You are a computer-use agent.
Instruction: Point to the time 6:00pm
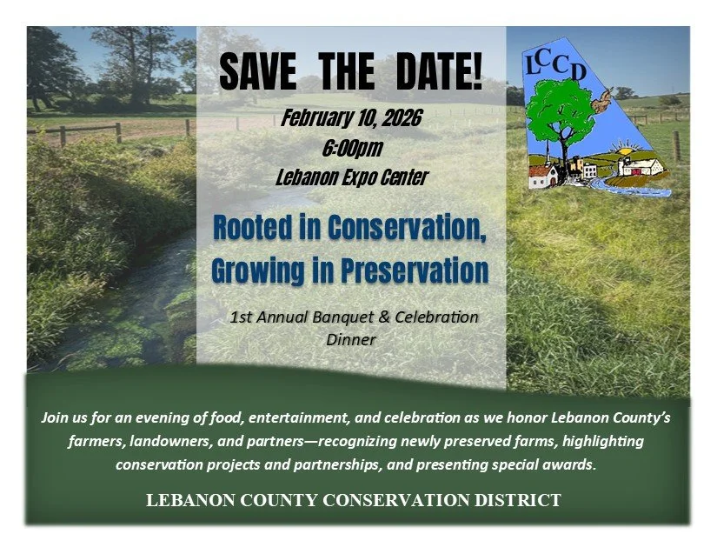click(x=352, y=149)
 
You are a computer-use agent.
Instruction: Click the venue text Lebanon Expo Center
click(x=351, y=178)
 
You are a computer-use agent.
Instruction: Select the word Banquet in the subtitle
click(x=342, y=317)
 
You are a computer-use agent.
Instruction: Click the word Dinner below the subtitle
click(x=351, y=339)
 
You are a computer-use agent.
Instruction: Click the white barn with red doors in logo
click(x=643, y=165)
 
